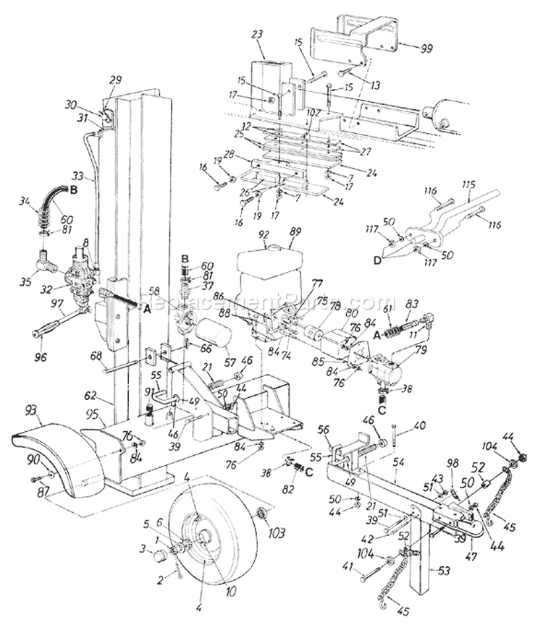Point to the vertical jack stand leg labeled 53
pyautogui.click(x=418, y=571)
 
